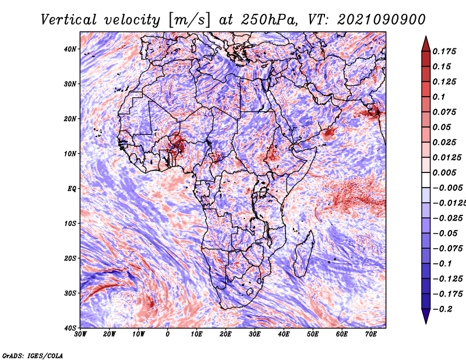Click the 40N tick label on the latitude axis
69,49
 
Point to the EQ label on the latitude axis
72,189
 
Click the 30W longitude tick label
80,334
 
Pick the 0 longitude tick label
168,334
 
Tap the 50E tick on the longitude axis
313,334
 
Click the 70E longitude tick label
370,334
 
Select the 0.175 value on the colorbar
444,51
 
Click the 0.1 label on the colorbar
439,97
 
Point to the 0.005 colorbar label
444,172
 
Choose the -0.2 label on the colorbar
442,309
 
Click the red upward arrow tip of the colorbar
426,37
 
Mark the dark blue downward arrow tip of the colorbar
426,323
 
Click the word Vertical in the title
69,20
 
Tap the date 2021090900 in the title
382,20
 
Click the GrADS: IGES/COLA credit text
33,355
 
